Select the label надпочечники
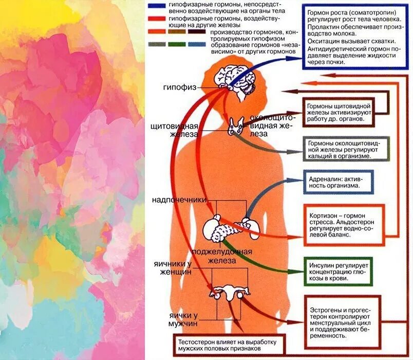click(178, 199)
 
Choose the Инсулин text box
click(337, 269)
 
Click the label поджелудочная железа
click(221, 255)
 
